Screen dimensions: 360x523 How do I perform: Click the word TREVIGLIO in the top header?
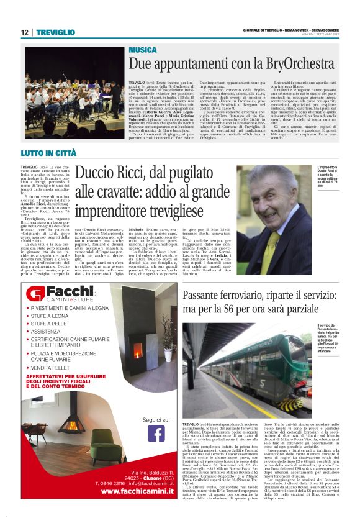(55, 32)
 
